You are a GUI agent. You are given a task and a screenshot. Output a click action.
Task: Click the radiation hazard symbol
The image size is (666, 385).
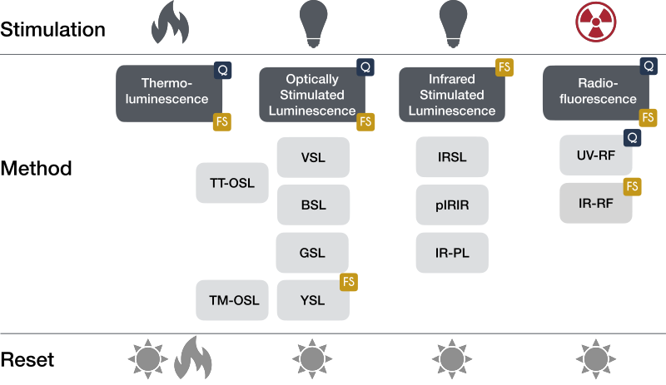(595, 22)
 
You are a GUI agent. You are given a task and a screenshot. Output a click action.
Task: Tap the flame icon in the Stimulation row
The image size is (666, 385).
(170, 22)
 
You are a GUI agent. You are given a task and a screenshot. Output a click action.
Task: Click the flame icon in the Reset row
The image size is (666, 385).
(193, 358)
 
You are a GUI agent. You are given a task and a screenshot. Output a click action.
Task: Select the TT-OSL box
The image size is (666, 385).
(232, 183)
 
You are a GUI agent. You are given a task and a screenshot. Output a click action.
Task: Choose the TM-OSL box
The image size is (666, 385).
(232, 300)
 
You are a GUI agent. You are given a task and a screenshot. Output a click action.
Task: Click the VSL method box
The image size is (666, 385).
(313, 157)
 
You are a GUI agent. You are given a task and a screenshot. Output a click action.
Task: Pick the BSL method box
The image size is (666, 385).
(313, 205)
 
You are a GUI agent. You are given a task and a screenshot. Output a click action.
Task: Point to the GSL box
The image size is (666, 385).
(312, 253)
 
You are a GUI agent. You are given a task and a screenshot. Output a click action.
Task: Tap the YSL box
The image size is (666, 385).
(313, 300)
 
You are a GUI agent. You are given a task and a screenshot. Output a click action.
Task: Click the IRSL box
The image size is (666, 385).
(452, 156)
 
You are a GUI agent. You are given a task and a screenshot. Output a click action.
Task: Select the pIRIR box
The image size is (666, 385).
(452, 205)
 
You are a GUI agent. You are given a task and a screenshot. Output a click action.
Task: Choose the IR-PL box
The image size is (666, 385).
(452, 253)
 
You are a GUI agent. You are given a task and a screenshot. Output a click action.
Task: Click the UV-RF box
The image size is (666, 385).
(595, 155)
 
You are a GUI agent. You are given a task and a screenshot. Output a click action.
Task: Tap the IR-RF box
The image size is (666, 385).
(595, 203)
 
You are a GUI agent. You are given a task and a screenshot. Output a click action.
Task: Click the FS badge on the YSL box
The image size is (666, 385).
(349, 282)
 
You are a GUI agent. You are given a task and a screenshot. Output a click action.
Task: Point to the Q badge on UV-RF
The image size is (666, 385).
(632, 137)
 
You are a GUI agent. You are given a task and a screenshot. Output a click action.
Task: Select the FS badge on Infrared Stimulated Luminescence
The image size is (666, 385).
(504, 67)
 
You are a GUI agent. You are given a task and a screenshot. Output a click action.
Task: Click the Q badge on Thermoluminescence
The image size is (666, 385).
(222, 70)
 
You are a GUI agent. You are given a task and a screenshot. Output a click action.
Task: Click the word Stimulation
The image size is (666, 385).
(52, 29)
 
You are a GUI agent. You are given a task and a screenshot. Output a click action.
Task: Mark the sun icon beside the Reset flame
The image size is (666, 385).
(148, 358)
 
